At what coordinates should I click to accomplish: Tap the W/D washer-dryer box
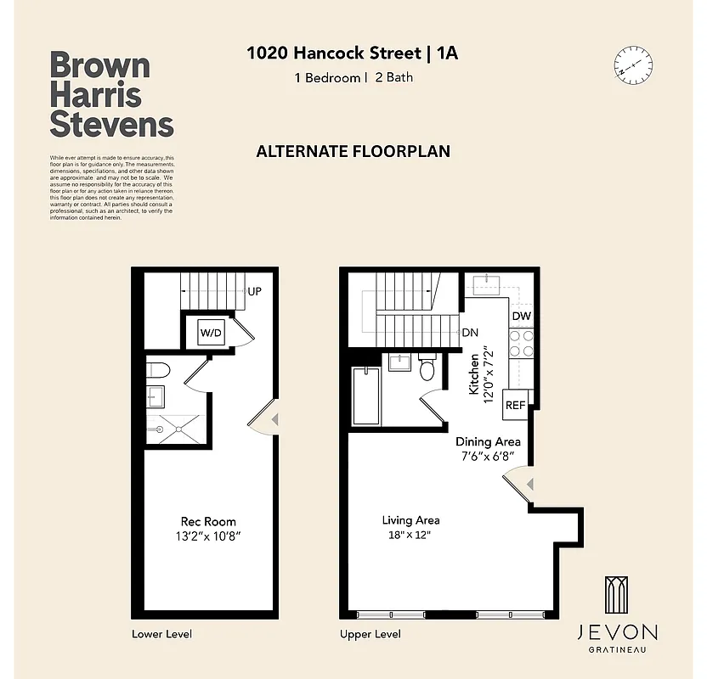coord(211,333)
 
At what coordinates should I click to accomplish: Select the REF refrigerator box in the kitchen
coord(515,406)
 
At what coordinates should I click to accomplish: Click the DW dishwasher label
coord(522,317)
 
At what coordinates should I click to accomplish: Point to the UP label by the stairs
coord(254,291)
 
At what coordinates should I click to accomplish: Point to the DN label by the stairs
coord(468,334)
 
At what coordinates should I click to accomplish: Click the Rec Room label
coord(208,521)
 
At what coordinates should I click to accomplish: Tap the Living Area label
coord(410,520)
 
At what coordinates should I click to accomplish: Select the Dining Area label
coord(488,441)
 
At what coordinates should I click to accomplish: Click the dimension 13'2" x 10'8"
coord(208,536)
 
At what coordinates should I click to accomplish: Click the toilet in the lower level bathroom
coord(158,369)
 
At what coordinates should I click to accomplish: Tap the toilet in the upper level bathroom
coord(427,369)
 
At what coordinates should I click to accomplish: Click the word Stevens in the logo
coord(111,124)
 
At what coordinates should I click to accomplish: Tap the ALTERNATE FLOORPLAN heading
coord(353,152)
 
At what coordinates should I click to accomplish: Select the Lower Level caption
coord(161,634)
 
